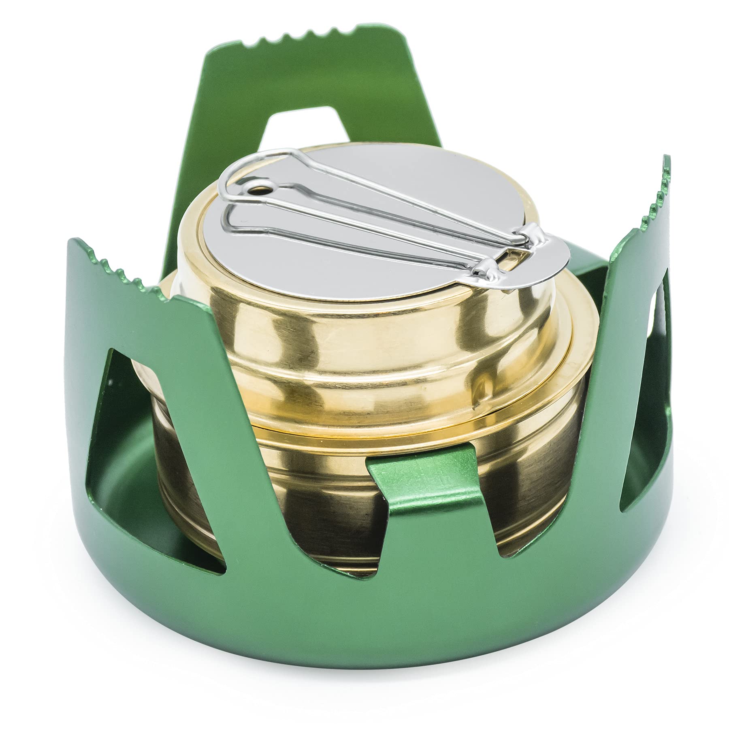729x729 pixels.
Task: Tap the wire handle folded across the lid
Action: coord(364,211)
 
